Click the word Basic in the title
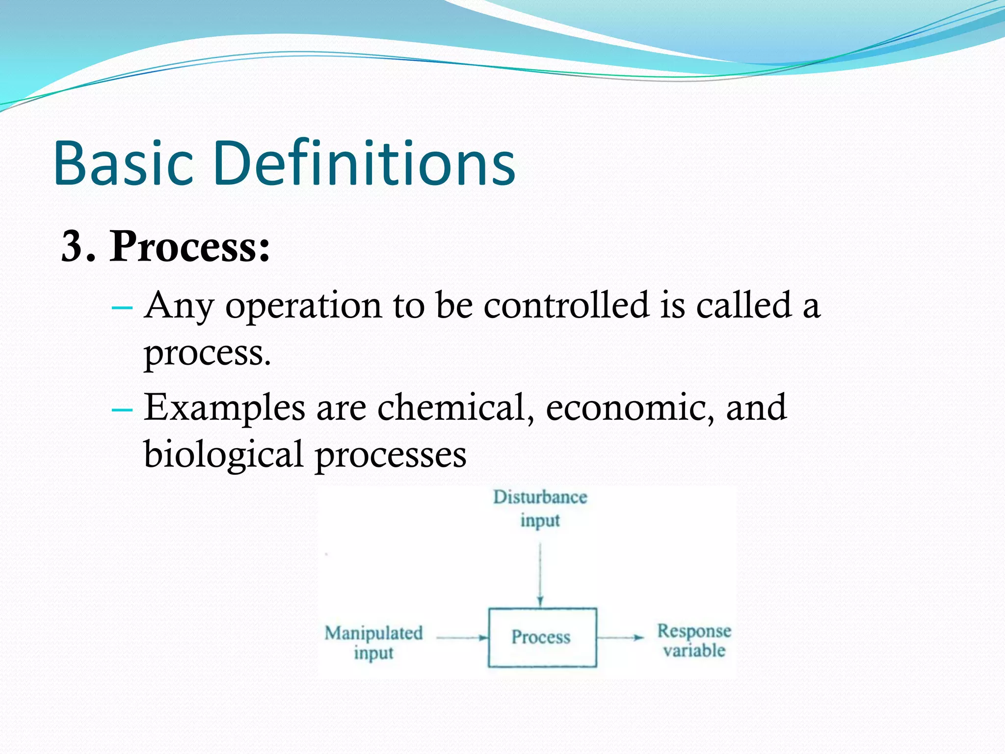pyautogui.click(x=124, y=163)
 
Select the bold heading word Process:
pyautogui.click(x=189, y=246)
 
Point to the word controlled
pyautogui.click(x=566, y=305)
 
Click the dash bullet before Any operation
pyautogui.click(x=122, y=308)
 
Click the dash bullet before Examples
pyautogui.click(x=122, y=409)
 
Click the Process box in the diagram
pyautogui.click(x=542, y=637)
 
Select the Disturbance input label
pyautogui.click(x=540, y=509)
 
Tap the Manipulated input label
pyautogui.click(x=373, y=643)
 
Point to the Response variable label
pyautogui.click(x=694, y=641)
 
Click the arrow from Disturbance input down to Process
pyautogui.click(x=540, y=574)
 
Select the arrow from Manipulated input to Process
pyautogui.click(x=461, y=638)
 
